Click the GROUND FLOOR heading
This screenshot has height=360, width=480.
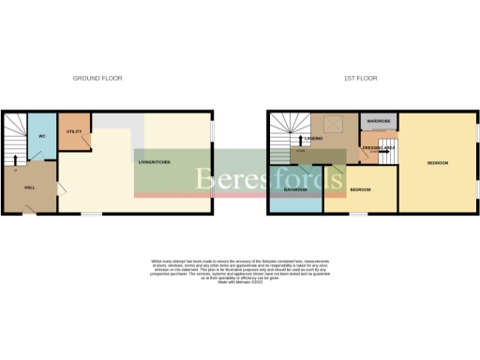(x=97, y=78)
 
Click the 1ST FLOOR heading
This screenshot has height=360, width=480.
(x=360, y=78)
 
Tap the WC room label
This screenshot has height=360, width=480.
(x=42, y=137)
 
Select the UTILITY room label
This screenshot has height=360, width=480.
(x=75, y=130)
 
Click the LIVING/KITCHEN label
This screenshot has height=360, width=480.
(x=154, y=163)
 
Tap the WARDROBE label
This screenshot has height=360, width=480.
(x=378, y=122)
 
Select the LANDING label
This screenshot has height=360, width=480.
(x=314, y=139)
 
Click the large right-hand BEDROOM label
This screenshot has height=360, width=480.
(x=438, y=163)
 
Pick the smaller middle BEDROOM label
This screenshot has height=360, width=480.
(x=360, y=190)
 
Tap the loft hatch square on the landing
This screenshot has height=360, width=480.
(x=332, y=122)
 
